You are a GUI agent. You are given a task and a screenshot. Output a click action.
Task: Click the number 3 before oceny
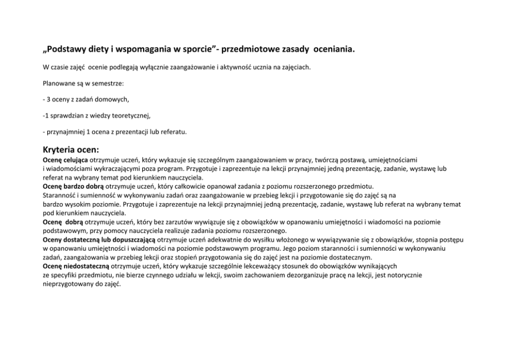48,99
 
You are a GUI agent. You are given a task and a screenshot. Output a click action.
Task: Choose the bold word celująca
76,161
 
